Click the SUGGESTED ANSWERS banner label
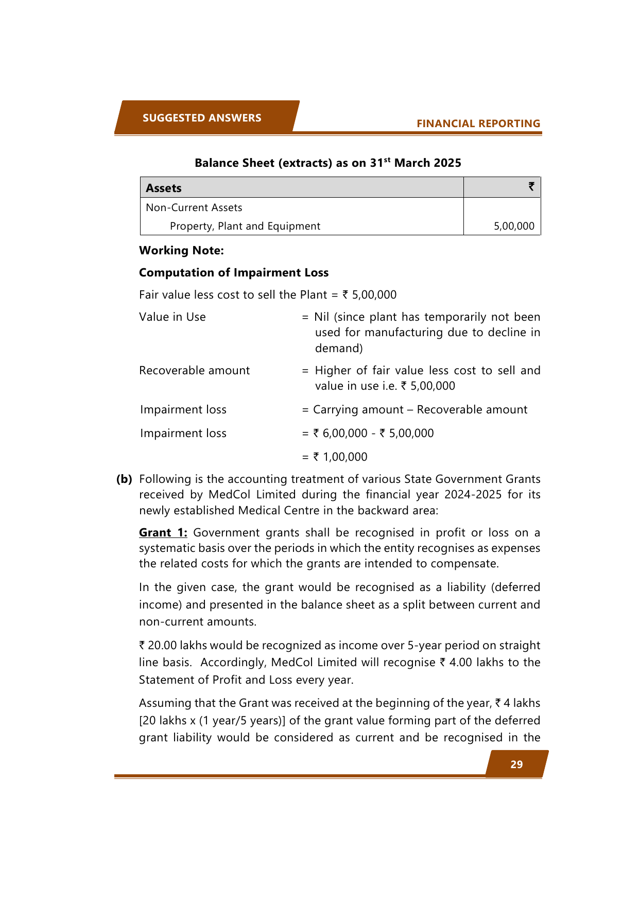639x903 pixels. click(x=202, y=118)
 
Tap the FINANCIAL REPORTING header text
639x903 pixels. click(x=478, y=124)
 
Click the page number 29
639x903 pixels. click(x=516, y=765)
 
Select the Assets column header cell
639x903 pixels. click(x=164, y=188)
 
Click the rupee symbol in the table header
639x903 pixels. click(x=531, y=186)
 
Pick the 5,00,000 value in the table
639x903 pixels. click(x=514, y=226)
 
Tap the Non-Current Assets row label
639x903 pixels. click(x=194, y=207)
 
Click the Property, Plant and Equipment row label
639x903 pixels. click(x=245, y=226)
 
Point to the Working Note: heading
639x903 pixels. click(x=181, y=251)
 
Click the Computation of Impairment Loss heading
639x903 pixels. click(x=234, y=273)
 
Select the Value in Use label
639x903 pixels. click(x=172, y=317)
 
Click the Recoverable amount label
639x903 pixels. click(x=194, y=371)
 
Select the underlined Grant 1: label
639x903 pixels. click(x=163, y=533)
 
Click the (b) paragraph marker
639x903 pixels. click(x=124, y=479)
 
